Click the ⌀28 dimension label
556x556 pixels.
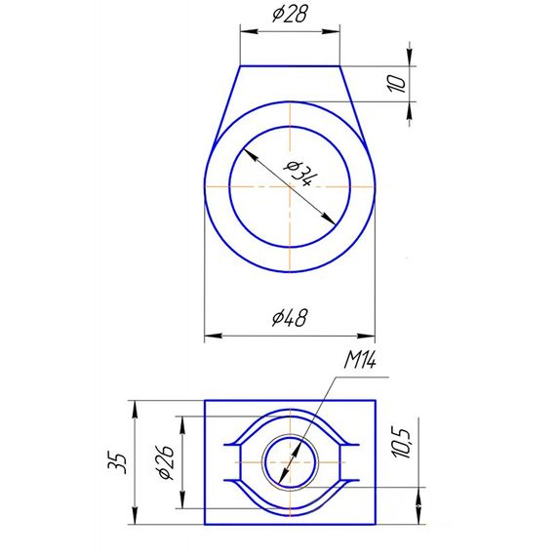290,15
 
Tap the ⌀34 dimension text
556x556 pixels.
299,174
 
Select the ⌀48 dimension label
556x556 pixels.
290,317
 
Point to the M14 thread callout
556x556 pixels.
360,361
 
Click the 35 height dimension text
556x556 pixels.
118,463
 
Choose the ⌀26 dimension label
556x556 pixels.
166,462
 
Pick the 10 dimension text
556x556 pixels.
398,84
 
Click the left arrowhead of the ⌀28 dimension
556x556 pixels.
249,31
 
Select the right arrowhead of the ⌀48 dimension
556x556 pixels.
366,336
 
